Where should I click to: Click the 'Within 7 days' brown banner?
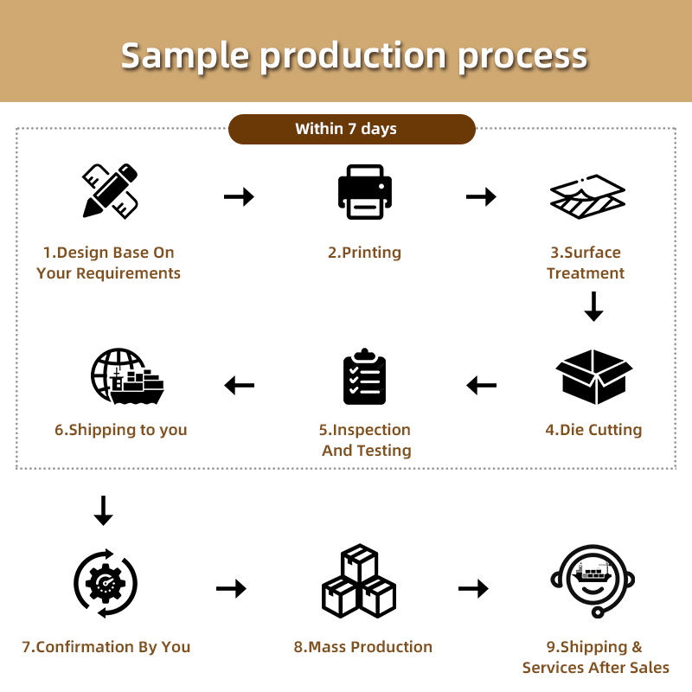click(x=351, y=129)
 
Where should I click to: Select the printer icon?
click(x=364, y=192)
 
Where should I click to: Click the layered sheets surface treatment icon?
click(x=587, y=196)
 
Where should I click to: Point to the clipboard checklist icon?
click(x=364, y=377)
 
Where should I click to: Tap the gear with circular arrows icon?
click(x=106, y=582)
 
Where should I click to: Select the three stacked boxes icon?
click(x=359, y=581)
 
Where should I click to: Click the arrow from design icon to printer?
click(x=239, y=197)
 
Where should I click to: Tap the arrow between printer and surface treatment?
click(x=481, y=197)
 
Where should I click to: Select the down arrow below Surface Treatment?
click(x=593, y=307)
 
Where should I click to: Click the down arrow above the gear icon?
click(x=103, y=510)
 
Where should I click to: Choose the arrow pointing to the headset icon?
click(x=473, y=589)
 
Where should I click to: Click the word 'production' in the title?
click(x=354, y=56)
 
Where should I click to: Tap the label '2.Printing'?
click(x=364, y=253)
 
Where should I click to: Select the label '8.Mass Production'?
click(x=363, y=647)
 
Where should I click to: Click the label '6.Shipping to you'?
click(x=121, y=430)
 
